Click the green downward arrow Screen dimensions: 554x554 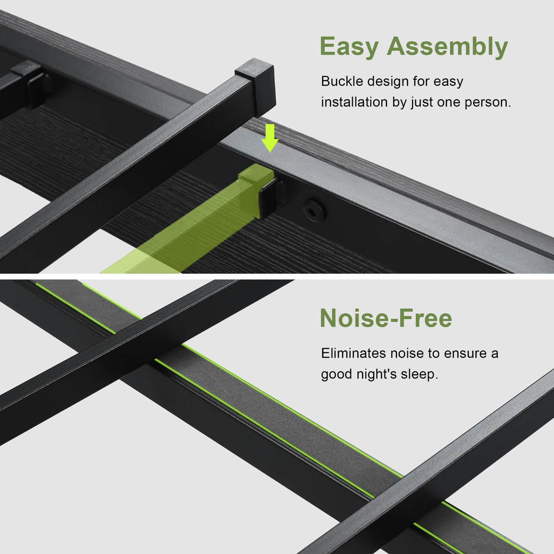[270, 138]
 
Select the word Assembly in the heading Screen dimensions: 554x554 [448, 47]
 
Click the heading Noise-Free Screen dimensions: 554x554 [386, 318]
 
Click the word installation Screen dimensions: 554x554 [355, 102]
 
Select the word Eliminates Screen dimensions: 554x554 [354, 353]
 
